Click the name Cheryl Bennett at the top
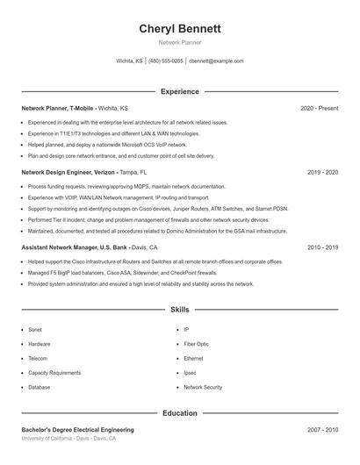(x=180, y=29)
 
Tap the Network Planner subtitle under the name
(x=180, y=42)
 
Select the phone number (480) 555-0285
(x=166, y=61)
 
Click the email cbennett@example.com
(x=215, y=61)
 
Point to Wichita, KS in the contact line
(x=129, y=61)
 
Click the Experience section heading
(x=180, y=91)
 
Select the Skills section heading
(x=180, y=311)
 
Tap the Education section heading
(x=180, y=413)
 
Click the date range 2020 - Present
(x=320, y=108)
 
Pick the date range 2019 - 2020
(x=323, y=173)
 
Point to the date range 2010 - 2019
(x=323, y=247)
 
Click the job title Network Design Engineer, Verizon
(x=68, y=173)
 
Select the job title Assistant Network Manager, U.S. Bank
(x=73, y=247)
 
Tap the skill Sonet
(x=35, y=330)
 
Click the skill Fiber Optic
(x=196, y=344)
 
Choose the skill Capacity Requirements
(x=54, y=373)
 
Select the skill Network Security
(x=203, y=387)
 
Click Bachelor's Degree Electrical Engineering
(x=77, y=430)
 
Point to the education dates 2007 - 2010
(x=323, y=430)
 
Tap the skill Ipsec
(x=190, y=373)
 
